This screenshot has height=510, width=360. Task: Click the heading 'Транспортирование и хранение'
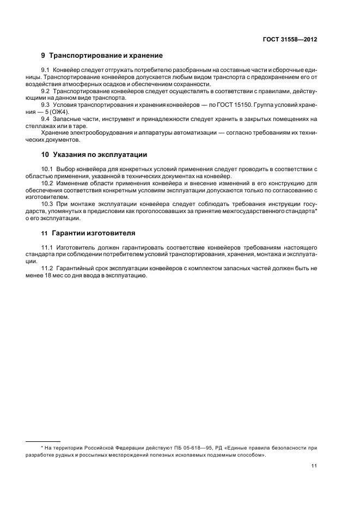point(106,56)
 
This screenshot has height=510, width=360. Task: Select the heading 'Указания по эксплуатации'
point(98,154)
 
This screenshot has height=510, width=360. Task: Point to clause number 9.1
point(46,71)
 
